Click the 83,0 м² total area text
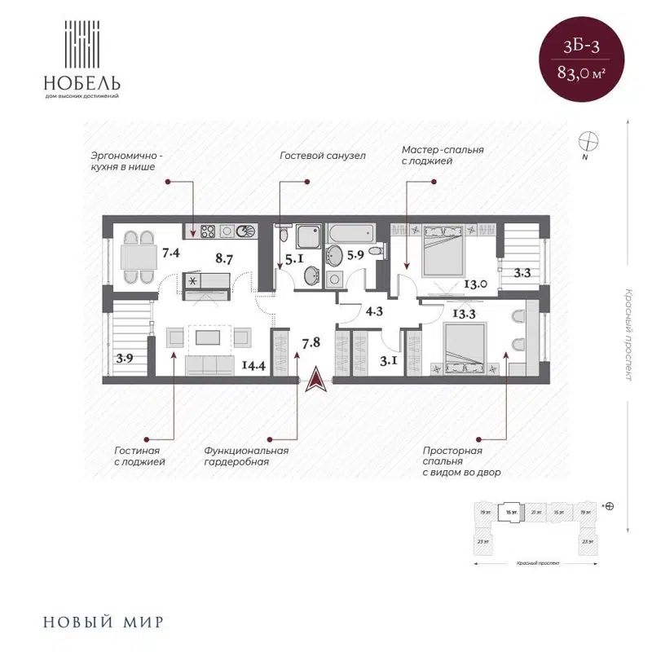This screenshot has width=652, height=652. (x=580, y=73)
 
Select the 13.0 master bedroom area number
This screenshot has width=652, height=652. (x=475, y=284)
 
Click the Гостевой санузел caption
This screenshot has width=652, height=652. (x=322, y=155)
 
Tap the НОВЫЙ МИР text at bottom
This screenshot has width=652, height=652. (x=103, y=622)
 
